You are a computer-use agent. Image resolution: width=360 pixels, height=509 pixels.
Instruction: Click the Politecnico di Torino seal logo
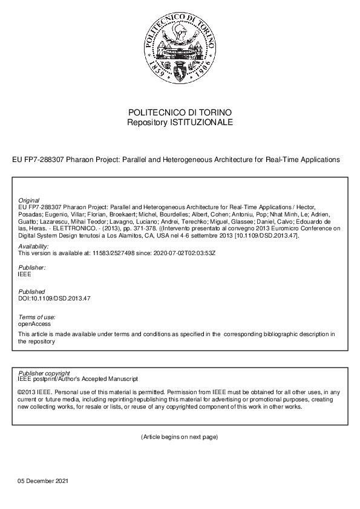pyautogui.click(x=180, y=50)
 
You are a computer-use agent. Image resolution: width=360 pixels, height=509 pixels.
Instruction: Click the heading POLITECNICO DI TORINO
pyautogui.click(x=180, y=113)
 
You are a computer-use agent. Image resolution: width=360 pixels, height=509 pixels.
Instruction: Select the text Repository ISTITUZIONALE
pyautogui.click(x=180, y=122)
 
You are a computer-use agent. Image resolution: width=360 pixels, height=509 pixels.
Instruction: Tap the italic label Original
pyautogui.click(x=29, y=200)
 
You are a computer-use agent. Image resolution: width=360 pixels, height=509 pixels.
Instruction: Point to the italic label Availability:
pyautogui.click(x=33, y=247)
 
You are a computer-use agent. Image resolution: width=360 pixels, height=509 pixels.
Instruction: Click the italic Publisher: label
pyautogui.click(x=32, y=267)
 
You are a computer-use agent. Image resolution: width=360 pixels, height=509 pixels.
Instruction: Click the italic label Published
pyautogui.click(x=31, y=291)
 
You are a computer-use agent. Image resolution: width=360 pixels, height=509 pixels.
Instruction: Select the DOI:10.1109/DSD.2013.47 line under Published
pyautogui.click(x=54, y=298)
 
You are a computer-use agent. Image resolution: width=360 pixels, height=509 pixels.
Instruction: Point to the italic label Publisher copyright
pyautogui.click(x=44, y=373)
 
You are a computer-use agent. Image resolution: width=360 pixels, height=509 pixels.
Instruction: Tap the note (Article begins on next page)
pyautogui.click(x=180, y=436)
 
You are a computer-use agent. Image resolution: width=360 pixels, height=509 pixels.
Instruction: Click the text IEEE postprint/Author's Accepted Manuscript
pyautogui.click(x=78, y=379)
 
